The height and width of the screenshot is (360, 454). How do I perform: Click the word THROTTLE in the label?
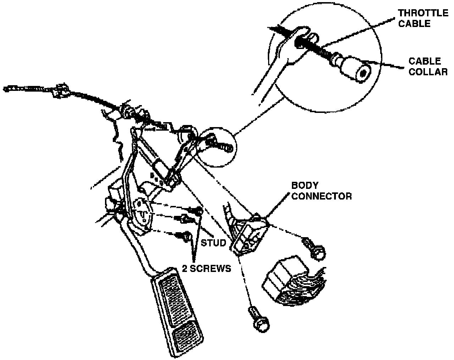pos(423,13)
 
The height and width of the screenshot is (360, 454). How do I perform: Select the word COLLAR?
pos(428,71)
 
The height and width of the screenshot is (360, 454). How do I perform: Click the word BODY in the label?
pos(305,185)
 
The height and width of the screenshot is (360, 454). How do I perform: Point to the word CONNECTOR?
pos(321,196)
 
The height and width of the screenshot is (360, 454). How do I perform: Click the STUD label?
pos(213,243)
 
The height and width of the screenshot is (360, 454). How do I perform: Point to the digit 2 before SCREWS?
pos(185,268)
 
